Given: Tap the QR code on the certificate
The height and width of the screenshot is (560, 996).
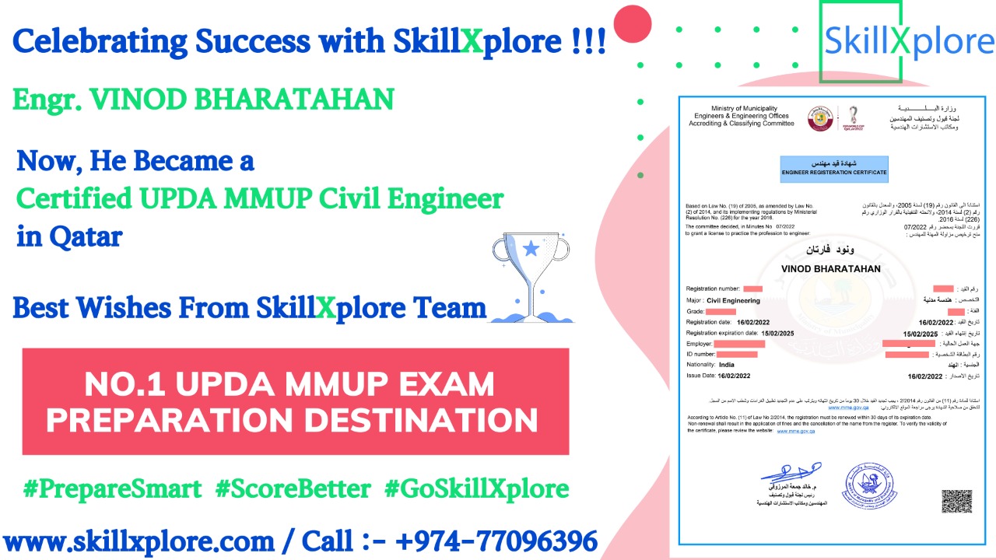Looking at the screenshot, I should tap(957, 502).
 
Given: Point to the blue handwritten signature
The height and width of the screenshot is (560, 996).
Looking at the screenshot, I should tap(791, 472).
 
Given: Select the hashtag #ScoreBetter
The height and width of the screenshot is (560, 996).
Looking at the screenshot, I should tap(293, 489).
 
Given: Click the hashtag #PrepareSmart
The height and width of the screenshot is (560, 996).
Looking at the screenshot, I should tap(112, 489).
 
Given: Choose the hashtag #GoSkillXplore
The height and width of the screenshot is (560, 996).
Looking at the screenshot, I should tap(476, 489).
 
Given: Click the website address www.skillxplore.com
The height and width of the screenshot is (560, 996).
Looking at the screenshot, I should tap(139, 541).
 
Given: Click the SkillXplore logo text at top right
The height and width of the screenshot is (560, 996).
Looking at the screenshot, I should tap(909, 41).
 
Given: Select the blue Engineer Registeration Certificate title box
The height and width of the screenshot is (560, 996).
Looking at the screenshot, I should tap(834, 167).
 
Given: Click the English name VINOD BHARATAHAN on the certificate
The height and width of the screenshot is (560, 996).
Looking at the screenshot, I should tap(829, 268).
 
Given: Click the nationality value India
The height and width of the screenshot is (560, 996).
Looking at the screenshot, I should tap(727, 365).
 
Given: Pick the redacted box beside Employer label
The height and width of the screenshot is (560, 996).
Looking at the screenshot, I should tap(739, 344).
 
